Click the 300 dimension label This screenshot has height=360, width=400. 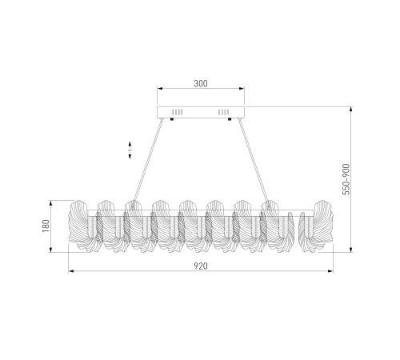201,84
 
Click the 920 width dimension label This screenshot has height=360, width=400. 201,266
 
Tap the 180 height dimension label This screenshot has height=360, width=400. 46,226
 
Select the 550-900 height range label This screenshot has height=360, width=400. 346,179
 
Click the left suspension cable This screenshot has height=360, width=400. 147,161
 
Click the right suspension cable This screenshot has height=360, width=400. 254,161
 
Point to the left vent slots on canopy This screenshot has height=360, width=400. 178,112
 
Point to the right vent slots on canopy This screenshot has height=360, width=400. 223,112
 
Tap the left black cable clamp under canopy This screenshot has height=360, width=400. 172,119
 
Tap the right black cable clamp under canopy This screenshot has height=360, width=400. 230,119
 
